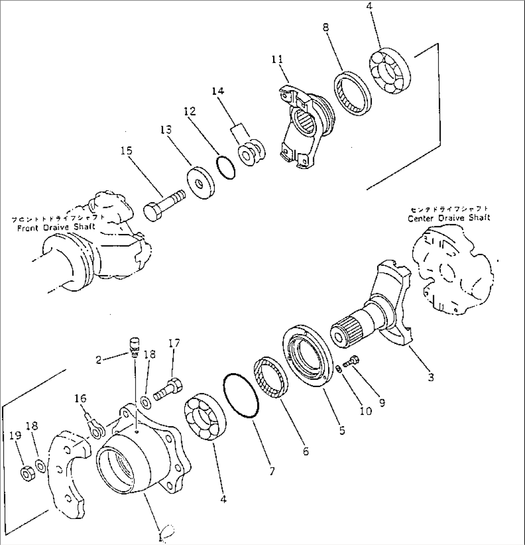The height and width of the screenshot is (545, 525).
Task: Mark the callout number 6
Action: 306,451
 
